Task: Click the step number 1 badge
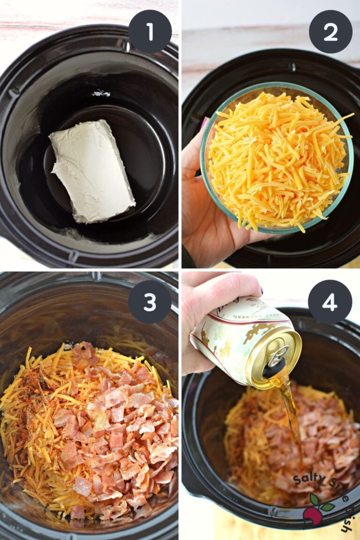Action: coord(150,31)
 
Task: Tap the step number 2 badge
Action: coord(330,31)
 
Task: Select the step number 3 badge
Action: coord(150,302)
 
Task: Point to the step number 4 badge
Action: coord(330,302)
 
